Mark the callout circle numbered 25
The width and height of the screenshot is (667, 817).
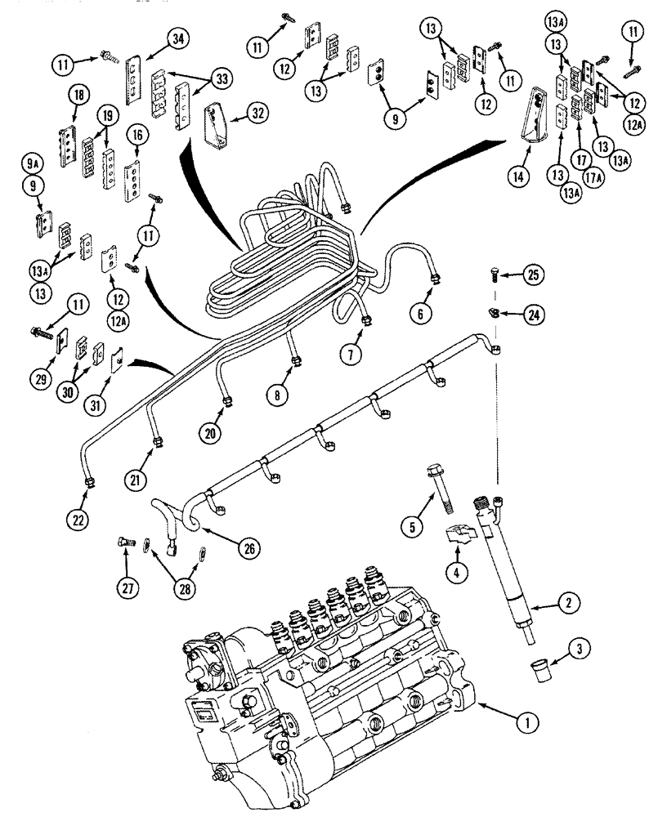click(x=534, y=274)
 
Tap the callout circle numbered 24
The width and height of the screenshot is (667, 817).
click(x=534, y=314)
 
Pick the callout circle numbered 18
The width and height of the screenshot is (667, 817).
click(x=78, y=96)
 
